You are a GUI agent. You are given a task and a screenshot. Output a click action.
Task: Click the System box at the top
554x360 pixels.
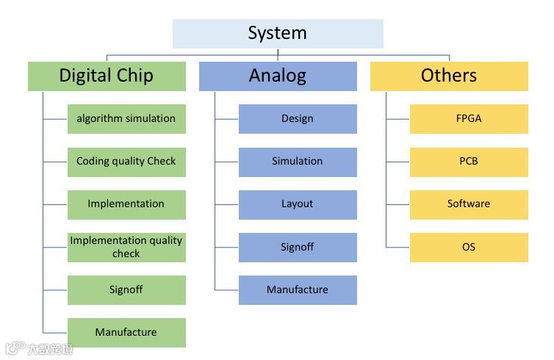(x=278, y=34)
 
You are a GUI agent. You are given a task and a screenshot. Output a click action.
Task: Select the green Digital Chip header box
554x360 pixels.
(x=107, y=76)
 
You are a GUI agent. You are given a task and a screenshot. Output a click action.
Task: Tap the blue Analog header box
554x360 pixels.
(x=278, y=76)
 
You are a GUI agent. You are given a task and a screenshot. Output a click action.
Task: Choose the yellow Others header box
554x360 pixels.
(x=449, y=76)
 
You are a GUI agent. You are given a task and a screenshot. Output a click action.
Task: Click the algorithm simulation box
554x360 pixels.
(x=126, y=118)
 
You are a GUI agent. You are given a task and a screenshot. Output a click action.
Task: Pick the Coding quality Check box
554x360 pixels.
(x=126, y=162)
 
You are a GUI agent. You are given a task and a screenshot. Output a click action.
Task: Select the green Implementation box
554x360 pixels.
(x=126, y=204)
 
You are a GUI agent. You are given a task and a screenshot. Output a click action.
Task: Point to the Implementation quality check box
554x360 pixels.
(x=126, y=247)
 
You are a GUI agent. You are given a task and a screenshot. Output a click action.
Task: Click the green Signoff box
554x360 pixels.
(x=126, y=289)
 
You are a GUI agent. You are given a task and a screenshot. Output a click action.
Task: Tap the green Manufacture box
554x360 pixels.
(x=126, y=332)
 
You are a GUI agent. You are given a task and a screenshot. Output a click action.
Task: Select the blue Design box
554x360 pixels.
(x=298, y=118)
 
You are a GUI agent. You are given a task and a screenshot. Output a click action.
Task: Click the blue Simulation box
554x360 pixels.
(x=298, y=162)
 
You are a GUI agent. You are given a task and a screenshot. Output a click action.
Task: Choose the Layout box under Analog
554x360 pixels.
(x=298, y=204)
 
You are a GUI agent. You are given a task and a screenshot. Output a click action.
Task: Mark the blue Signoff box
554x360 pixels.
(x=298, y=247)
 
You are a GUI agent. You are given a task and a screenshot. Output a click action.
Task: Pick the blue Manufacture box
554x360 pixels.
(x=298, y=289)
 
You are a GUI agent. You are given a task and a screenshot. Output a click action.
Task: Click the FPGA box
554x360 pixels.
(x=469, y=118)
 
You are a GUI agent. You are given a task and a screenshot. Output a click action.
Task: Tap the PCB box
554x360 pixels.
(x=469, y=162)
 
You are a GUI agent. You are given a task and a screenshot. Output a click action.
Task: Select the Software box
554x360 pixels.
(x=469, y=204)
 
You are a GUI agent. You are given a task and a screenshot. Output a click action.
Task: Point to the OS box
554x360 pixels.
(x=469, y=247)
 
